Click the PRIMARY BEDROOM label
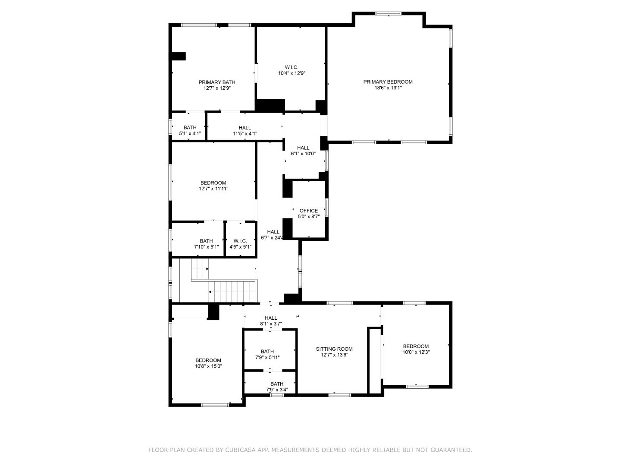pyautogui.click(x=388, y=82)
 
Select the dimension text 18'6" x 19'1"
pyautogui.click(x=388, y=88)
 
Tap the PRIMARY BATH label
pyautogui.click(x=217, y=82)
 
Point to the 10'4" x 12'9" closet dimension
pyautogui.click(x=292, y=73)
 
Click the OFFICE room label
pyautogui.click(x=309, y=211)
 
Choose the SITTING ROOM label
pyautogui.click(x=334, y=349)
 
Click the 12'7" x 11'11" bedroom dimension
pyautogui.click(x=213, y=189)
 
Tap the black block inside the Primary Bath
pyautogui.click(x=179, y=57)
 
